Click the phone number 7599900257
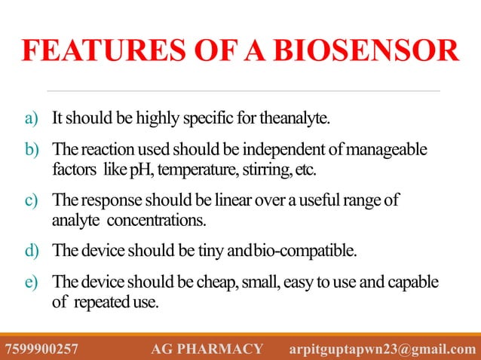click(41, 349)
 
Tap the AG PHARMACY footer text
click(207, 349)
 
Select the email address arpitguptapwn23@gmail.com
click(383, 349)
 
